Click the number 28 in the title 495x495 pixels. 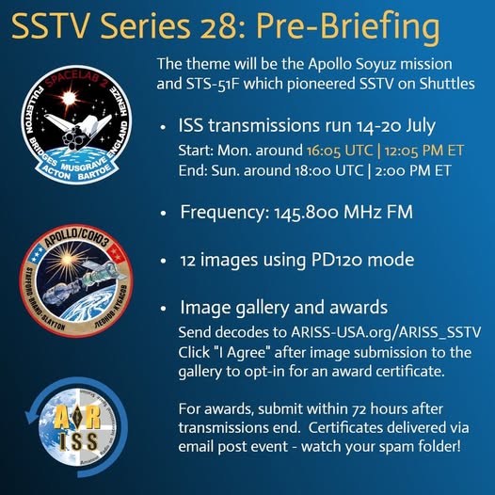(x=219, y=26)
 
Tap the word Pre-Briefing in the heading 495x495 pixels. (x=348, y=28)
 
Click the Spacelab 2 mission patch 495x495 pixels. (x=77, y=125)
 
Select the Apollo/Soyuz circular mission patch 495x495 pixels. (x=76, y=280)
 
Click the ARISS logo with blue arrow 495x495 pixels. (x=77, y=427)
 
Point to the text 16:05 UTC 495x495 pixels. (x=340, y=151)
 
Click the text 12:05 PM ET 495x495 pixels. (x=424, y=151)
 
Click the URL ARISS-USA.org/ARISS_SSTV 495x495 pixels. (x=386, y=333)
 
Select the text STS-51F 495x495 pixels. (x=212, y=84)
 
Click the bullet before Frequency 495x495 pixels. (x=163, y=213)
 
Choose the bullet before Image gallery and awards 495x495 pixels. (x=163, y=309)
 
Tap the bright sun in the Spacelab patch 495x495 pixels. (x=69, y=99)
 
